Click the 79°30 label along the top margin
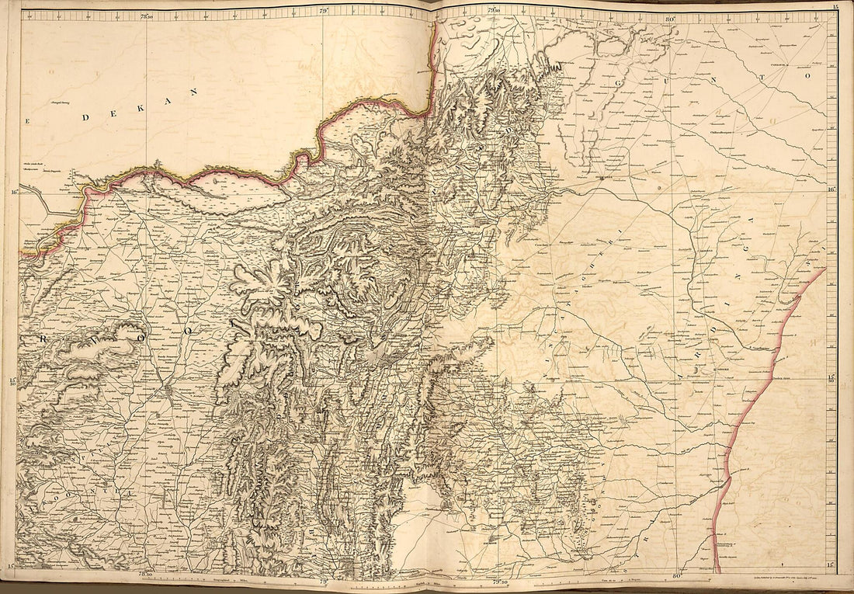tap(494, 9)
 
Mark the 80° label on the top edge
tap(669, 16)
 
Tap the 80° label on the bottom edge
tap(675, 575)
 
